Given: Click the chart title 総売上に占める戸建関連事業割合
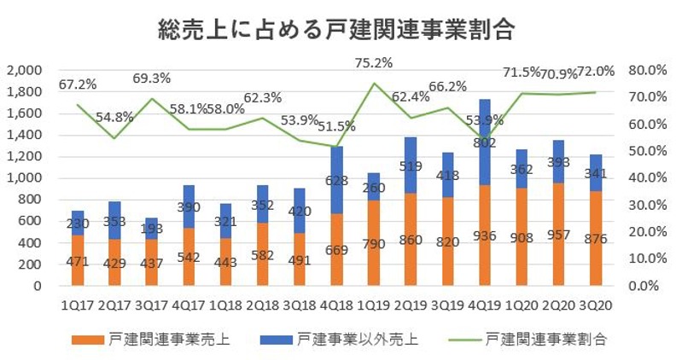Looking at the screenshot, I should click(337, 32).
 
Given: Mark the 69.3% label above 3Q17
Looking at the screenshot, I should click(153, 78).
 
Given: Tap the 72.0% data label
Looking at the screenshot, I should click(598, 71).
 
